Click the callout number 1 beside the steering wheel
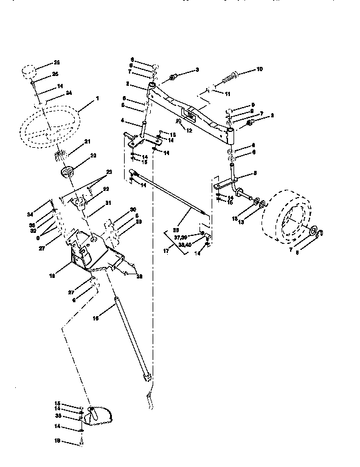pyautogui.click(x=97, y=98)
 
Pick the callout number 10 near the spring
pyautogui.click(x=259, y=69)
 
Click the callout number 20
pyautogui.click(x=93, y=155)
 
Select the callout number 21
pyautogui.click(x=87, y=141)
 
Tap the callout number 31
pyautogui.click(x=108, y=203)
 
